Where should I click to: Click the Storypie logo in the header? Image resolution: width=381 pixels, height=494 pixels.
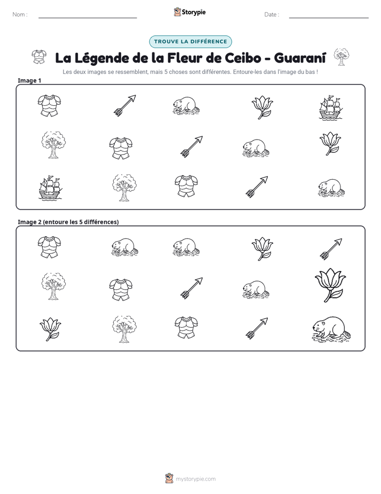(x=189, y=12)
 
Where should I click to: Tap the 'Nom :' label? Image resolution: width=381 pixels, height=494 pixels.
(x=20, y=14)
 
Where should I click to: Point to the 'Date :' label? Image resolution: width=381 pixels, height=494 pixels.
(x=272, y=14)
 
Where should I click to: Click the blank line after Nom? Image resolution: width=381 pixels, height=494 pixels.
(x=88, y=18)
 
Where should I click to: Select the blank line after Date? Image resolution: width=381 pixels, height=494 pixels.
(x=329, y=18)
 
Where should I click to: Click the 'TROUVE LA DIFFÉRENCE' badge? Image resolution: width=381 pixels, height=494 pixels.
(x=190, y=42)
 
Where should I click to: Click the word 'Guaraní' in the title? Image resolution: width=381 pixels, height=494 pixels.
(x=300, y=58)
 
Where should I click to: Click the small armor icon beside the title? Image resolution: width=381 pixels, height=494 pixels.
(x=39, y=57)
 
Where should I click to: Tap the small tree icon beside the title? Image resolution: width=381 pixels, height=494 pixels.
(x=342, y=57)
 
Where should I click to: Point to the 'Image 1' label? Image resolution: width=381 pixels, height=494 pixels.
(x=29, y=81)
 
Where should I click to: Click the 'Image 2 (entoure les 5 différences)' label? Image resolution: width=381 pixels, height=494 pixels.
(x=68, y=222)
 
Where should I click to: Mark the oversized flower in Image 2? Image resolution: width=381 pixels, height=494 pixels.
(x=330, y=285)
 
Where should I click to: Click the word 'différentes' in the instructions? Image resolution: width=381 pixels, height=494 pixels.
(x=216, y=72)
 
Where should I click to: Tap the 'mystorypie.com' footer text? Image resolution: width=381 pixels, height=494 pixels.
(x=195, y=479)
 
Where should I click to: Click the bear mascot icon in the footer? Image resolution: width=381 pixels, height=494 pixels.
(x=169, y=478)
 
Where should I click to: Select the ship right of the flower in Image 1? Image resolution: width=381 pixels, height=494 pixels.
(x=330, y=107)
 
